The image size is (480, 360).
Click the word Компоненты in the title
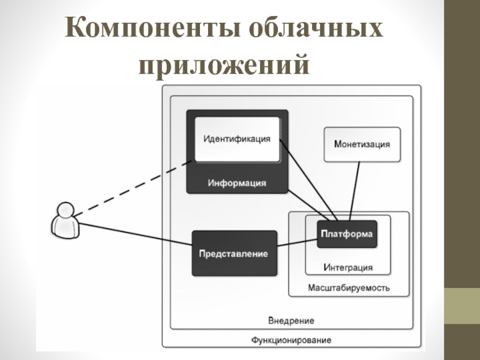coord(151,30)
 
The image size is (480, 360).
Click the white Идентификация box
coord(237,139)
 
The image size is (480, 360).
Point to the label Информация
coord(237,182)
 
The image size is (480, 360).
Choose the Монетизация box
coord(362,144)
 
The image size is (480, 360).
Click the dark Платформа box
coord(346,233)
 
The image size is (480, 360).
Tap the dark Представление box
coord(234,254)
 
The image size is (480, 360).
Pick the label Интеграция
coord(348,267)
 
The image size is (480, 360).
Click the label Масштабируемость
coord(349,287)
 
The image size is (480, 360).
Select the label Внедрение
coord(291,320)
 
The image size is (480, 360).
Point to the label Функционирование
coord(291,340)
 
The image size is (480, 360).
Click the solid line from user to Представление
coord(135,235)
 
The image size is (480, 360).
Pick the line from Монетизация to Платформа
coord(354,191)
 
